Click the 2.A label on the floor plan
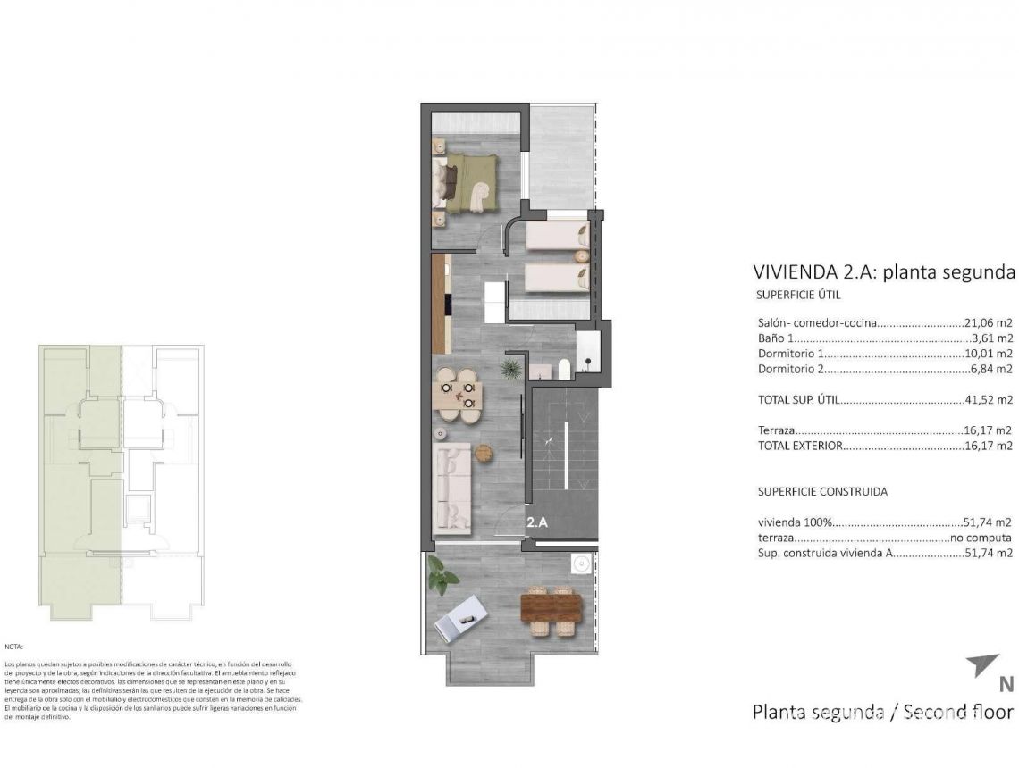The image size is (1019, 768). tap(536, 524)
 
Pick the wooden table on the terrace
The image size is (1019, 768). tap(551, 607)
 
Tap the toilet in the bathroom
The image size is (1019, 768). tap(564, 368)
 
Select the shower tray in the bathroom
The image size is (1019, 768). tap(588, 351)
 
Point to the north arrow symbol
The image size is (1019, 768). tap(982, 666)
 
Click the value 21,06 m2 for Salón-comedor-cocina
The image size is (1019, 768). tap(988, 323)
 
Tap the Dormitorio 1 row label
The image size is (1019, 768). tap(786, 354)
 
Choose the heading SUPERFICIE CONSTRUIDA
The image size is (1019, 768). tap(822, 491)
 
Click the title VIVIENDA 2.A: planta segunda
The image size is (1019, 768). tap(884, 272)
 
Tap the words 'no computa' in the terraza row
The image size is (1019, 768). tap(981, 538)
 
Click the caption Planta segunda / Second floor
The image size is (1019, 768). tap(882, 712)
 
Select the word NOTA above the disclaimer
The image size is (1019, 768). tap(13, 646)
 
